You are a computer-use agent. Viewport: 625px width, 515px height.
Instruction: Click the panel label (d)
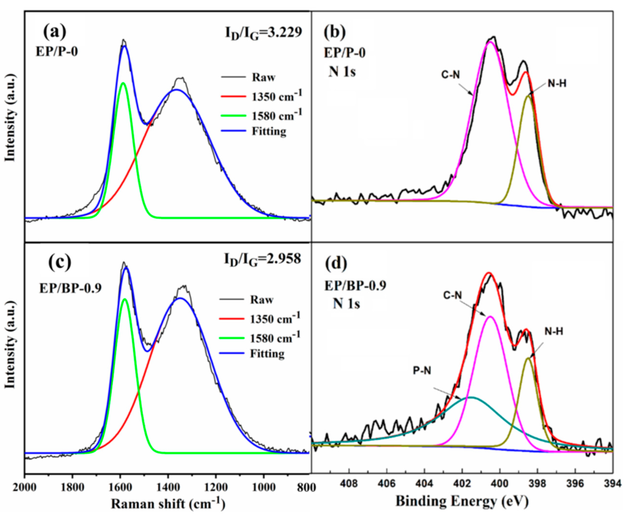click(336, 263)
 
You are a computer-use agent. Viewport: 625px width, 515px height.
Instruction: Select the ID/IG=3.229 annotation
click(263, 33)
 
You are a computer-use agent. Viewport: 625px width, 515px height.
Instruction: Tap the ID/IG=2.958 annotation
click(262, 259)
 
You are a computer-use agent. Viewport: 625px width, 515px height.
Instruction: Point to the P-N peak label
click(422, 371)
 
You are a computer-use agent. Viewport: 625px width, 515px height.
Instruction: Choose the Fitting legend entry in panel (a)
click(269, 131)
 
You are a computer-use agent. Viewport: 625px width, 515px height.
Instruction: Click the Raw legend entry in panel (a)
click(263, 77)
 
